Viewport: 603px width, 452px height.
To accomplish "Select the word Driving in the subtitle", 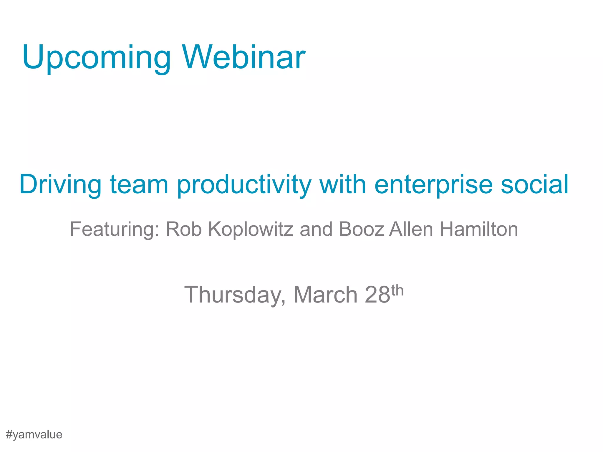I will coord(60,185).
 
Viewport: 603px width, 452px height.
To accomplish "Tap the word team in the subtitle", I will coord(139,185).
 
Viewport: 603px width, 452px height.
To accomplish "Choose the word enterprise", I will coord(433,185).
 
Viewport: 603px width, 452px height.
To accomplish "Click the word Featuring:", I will coord(115,230).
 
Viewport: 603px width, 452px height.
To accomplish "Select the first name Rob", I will coord(184,229).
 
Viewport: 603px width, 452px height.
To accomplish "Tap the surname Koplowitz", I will coord(251,230).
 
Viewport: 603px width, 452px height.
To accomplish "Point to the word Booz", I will coord(362,229).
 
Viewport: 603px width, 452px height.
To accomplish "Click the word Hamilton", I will coord(479,229).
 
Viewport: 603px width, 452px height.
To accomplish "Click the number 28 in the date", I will coord(377,295).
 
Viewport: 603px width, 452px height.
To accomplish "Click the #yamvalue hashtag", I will coord(34,435).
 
